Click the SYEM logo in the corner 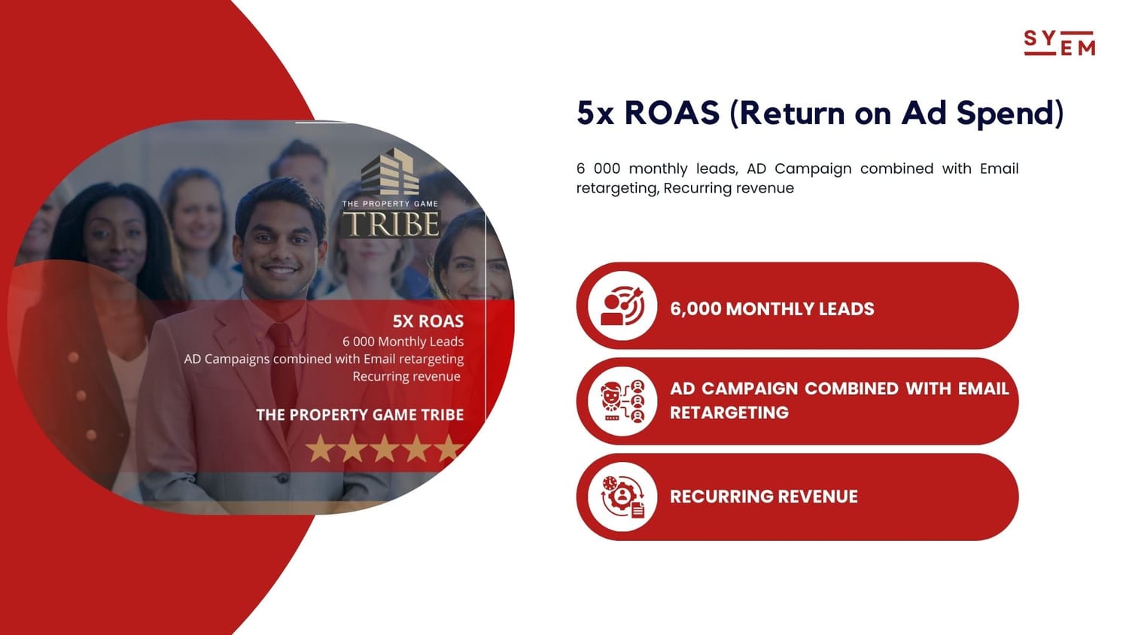(x=1060, y=43)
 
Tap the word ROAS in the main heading (x=672, y=112)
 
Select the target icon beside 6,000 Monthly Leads (x=622, y=306)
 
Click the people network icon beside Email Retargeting (x=622, y=401)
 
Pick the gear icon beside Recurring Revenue (x=622, y=497)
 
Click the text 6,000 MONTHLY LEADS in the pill (x=771, y=309)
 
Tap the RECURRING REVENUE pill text (x=764, y=497)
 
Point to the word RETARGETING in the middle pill (x=729, y=413)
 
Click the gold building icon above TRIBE (x=391, y=172)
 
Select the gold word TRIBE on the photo (x=391, y=223)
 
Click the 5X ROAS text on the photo (x=428, y=321)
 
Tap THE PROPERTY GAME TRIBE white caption (x=360, y=415)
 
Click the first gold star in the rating (x=320, y=448)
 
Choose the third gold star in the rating (x=384, y=448)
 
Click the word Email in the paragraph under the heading (x=999, y=169)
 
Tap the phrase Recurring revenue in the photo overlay (x=406, y=376)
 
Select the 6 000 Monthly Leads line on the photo (x=403, y=342)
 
